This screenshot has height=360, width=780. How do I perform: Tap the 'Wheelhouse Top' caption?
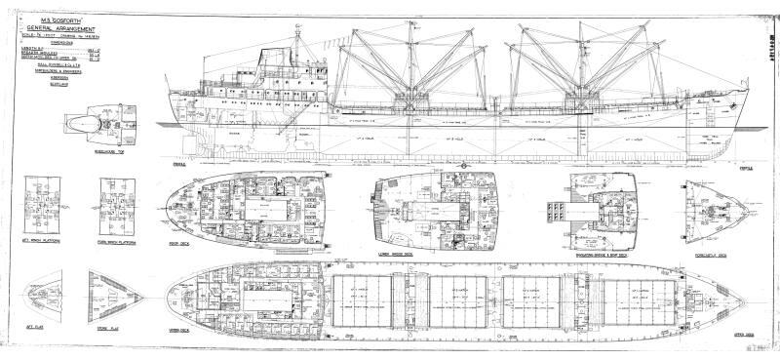click(99, 161)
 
